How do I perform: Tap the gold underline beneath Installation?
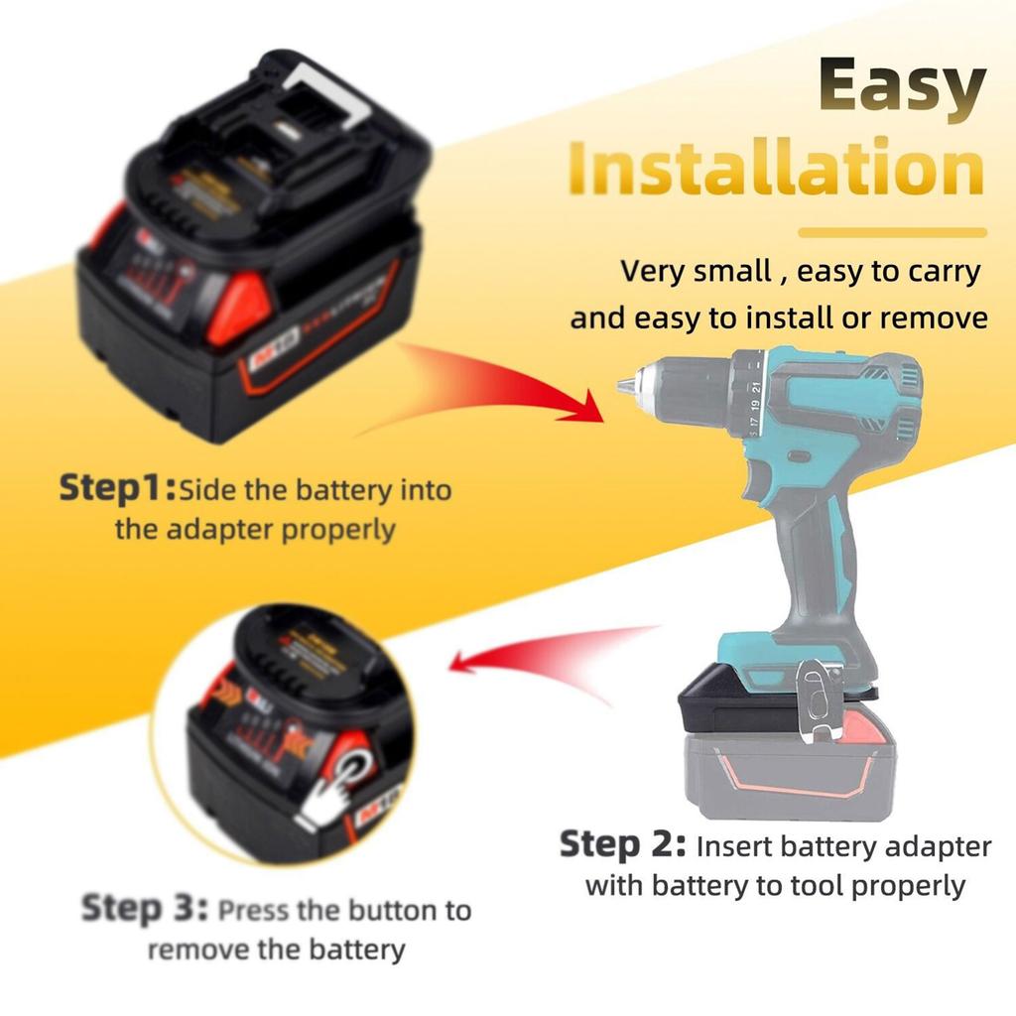point(893,233)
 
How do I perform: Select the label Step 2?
point(623,845)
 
